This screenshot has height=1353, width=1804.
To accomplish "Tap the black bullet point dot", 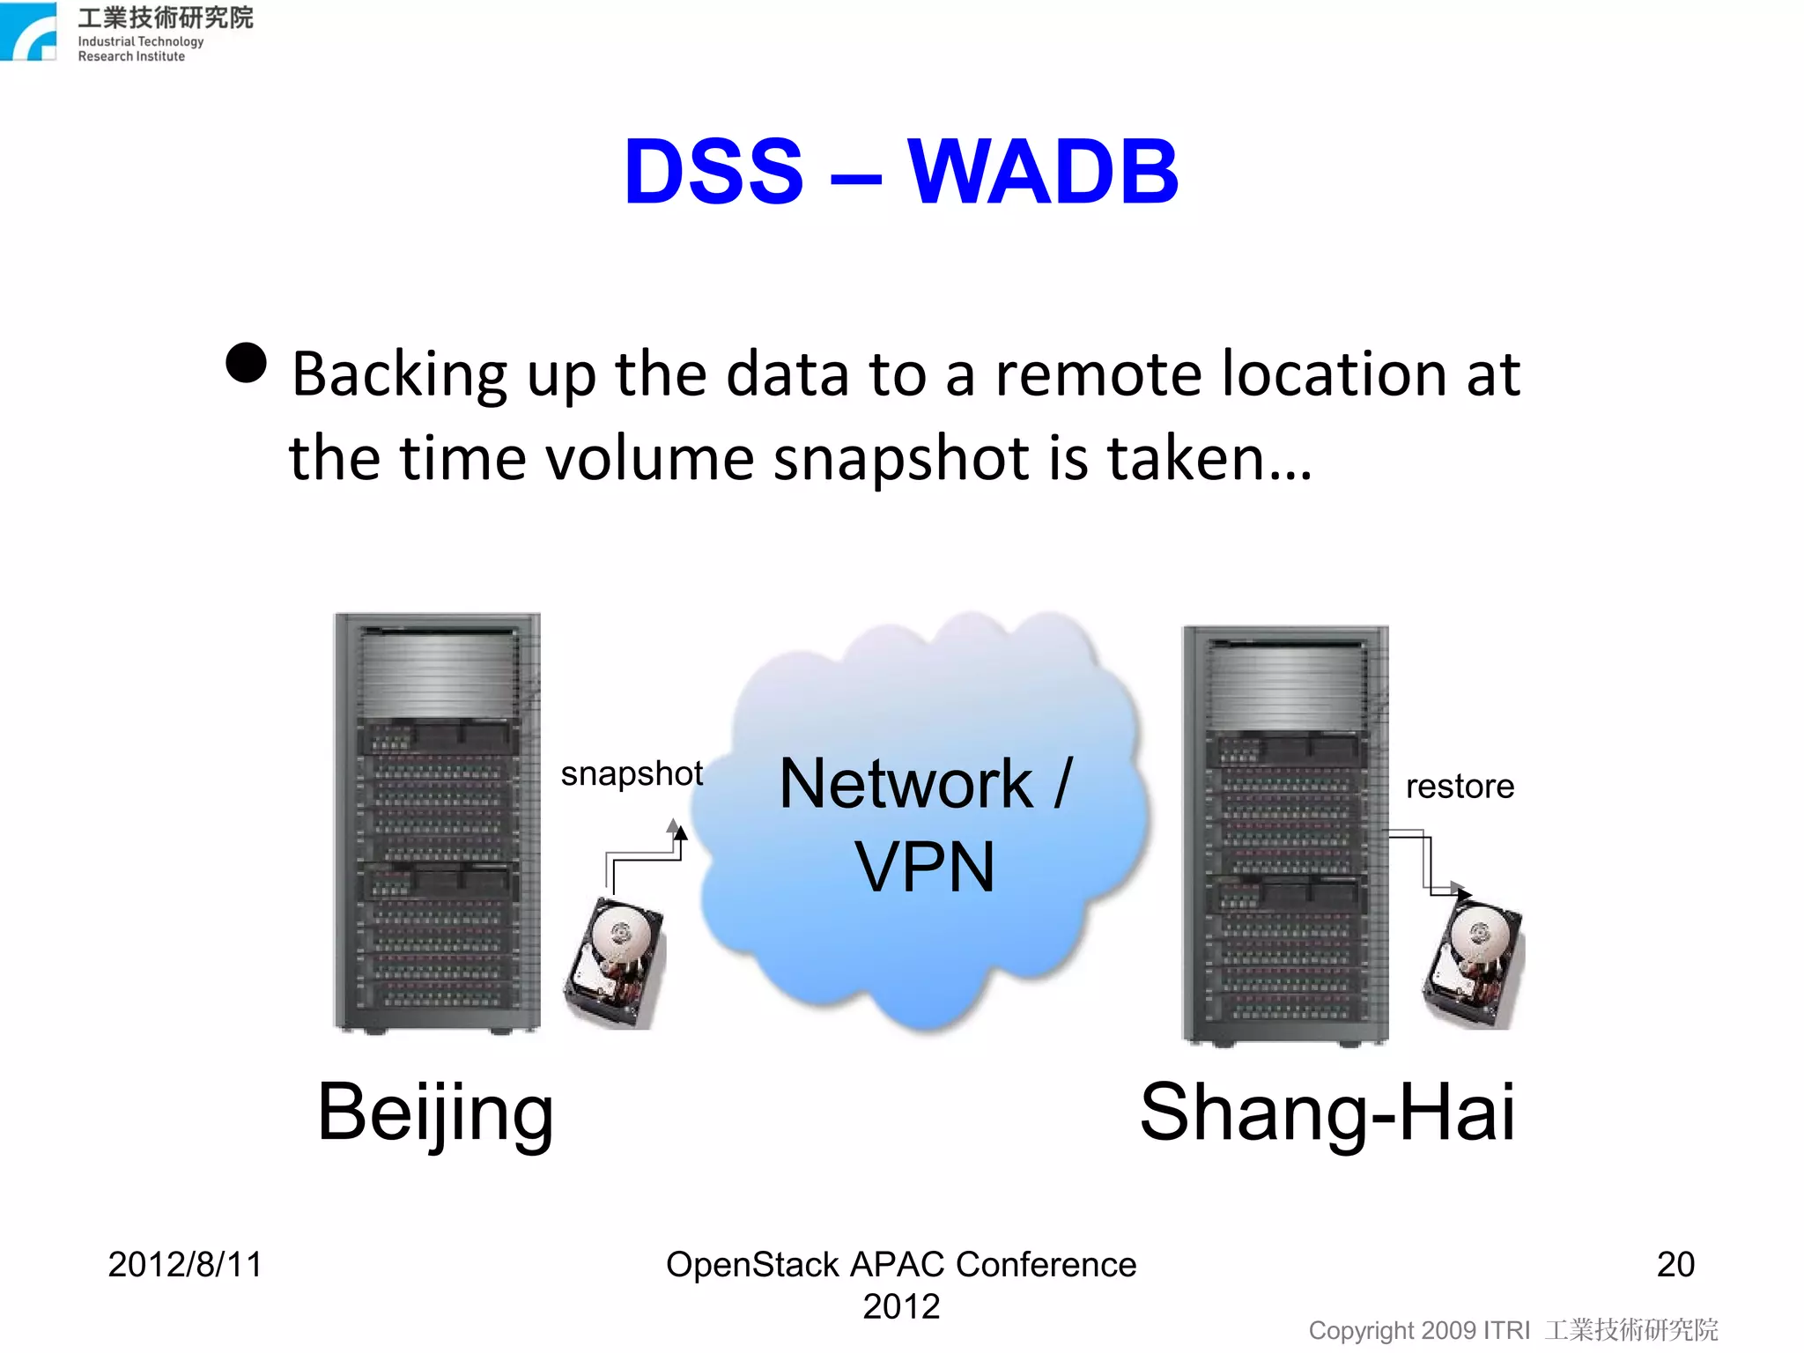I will [x=247, y=363].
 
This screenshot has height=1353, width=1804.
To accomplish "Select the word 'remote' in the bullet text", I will [x=1098, y=374].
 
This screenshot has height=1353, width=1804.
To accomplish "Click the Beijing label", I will [x=435, y=1113].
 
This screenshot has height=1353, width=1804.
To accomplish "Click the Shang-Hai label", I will [x=1327, y=1112].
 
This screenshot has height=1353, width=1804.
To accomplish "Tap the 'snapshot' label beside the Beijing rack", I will [x=632, y=773].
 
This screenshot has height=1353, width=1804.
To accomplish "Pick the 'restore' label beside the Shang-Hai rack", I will [x=1460, y=786].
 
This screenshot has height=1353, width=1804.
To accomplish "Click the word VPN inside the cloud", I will [x=925, y=868].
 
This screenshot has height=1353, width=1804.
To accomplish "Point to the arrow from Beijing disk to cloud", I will [x=646, y=853].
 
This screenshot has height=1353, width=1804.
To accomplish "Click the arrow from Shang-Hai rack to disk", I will [x=1428, y=863].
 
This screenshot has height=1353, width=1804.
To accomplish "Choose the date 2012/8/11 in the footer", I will [x=185, y=1264].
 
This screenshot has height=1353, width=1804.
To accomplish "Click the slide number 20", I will [x=1675, y=1264].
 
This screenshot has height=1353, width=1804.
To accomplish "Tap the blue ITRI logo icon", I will [x=29, y=32].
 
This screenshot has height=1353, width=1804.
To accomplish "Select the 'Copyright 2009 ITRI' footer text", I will [x=1418, y=1330].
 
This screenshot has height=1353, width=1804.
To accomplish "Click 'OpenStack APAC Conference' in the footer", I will [x=901, y=1265].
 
